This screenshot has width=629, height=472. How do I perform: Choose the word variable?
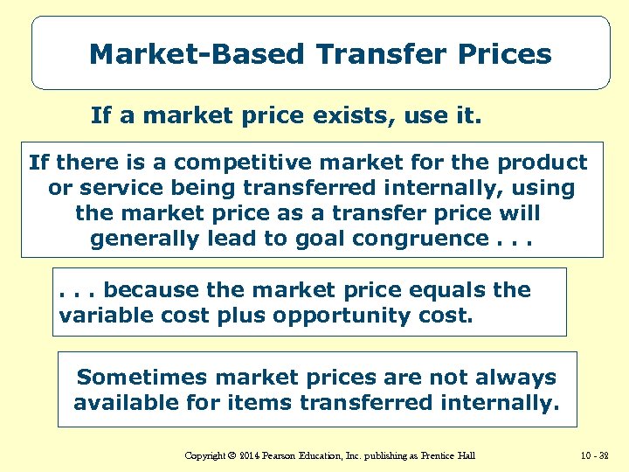point(100,315)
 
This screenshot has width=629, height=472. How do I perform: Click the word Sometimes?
point(140,378)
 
